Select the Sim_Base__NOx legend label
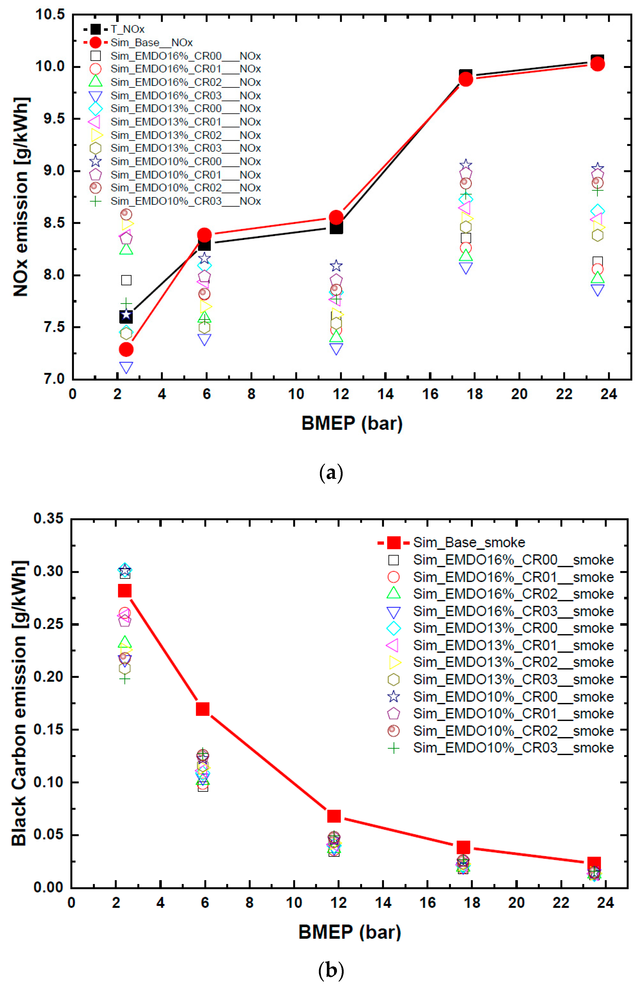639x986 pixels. point(151,43)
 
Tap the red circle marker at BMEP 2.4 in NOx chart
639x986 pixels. point(126,349)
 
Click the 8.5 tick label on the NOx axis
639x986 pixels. point(54,223)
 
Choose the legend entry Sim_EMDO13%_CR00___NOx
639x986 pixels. point(185,108)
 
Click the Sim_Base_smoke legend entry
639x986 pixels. point(469,542)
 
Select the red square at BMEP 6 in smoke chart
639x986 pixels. point(203,709)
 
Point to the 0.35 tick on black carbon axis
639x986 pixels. point(49,518)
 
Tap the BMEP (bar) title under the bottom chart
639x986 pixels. point(349,932)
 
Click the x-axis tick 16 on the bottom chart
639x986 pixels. point(427,902)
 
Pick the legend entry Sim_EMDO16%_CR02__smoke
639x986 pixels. point(513,594)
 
